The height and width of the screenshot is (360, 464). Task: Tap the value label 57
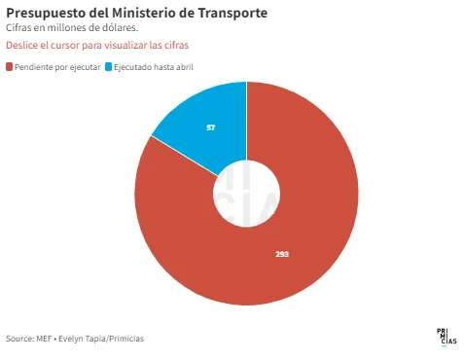click(x=211, y=127)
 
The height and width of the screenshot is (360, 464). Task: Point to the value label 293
click(x=282, y=254)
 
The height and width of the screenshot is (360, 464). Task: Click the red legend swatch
click(x=9, y=67)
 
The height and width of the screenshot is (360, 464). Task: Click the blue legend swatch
click(x=108, y=67)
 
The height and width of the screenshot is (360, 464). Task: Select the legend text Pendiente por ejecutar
click(x=57, y=67)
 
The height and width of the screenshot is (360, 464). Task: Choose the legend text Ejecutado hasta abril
click(x=154, y=67)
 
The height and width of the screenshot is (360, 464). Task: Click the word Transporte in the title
click(x=232, y=14)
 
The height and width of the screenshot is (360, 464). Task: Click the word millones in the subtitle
click(x=66, y=28)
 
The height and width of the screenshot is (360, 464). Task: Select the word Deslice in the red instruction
click(x=21, y=45)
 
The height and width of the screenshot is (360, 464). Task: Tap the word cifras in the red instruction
click(x=176, y=45)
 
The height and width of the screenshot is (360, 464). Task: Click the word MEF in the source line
click(x=44, y=339)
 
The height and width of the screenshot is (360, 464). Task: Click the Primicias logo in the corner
click(x=446, y=338)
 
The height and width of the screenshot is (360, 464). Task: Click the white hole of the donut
click(x=246, y=194)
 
